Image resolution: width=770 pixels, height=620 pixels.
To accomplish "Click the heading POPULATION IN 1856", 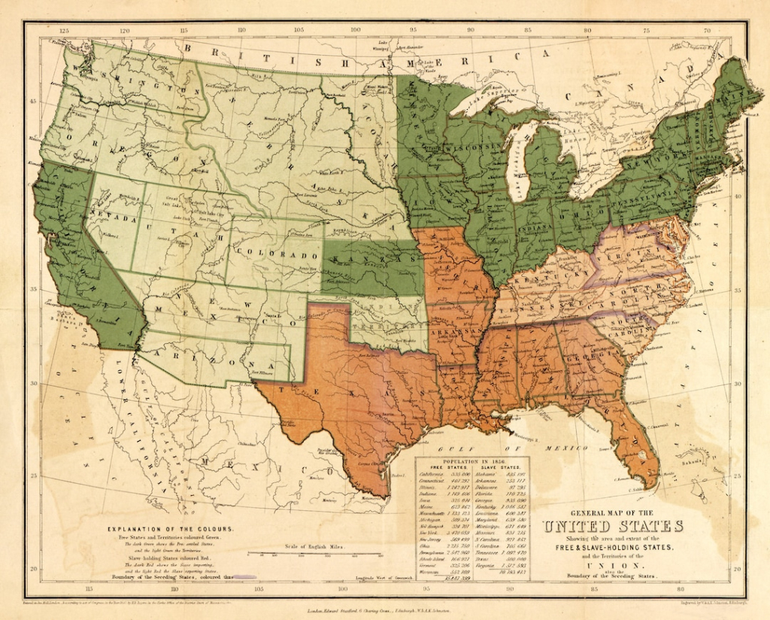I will pyautogui.click(x=471, y=461).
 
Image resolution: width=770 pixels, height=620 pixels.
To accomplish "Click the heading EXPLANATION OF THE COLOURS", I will pyautogui.click(x=170, y=529).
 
